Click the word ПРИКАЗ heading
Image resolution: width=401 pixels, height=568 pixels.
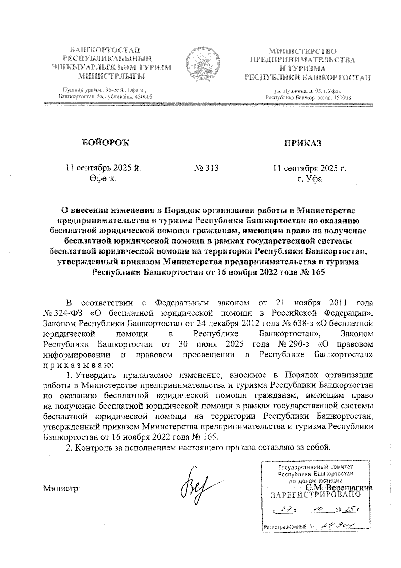[303, 143]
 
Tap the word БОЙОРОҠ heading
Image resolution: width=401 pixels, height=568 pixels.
[105, 143]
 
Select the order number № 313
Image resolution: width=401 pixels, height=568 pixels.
[206, 168]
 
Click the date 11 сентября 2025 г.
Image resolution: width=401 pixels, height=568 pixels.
[309, 168]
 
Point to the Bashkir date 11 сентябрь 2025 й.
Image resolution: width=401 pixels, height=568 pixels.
[103, 168]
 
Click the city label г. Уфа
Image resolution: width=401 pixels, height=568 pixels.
[310, 179]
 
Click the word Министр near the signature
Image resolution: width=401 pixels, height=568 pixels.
[60, 488]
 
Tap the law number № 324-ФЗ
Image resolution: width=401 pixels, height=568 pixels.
[65, 313]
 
